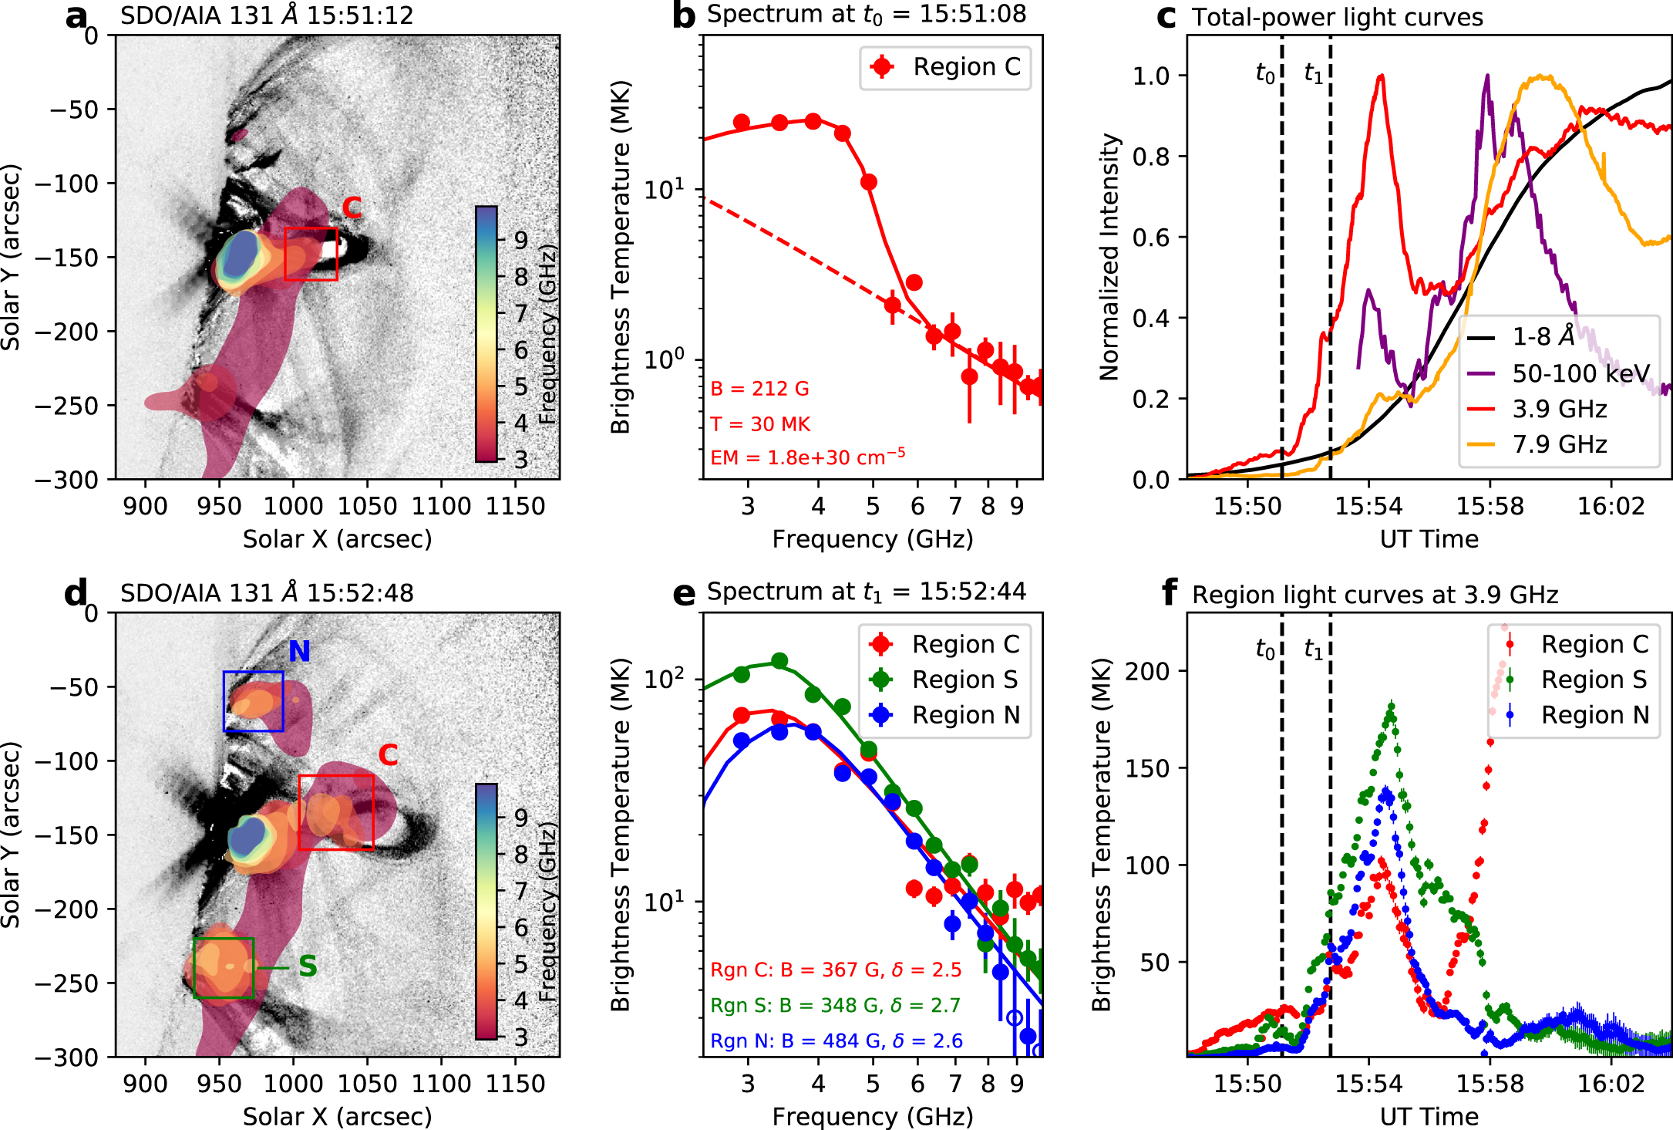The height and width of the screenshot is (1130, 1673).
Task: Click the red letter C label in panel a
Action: [x=352, y=207]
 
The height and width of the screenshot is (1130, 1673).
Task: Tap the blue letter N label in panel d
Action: [x=299, y=652]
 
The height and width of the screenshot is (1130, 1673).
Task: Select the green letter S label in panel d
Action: [x=308, y=966]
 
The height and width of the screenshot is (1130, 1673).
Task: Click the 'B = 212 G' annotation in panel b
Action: [x=759, y=389]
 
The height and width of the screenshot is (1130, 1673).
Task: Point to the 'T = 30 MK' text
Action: [x=760, y=424]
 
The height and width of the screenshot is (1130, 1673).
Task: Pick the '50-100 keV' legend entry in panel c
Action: [x=1580, y=373]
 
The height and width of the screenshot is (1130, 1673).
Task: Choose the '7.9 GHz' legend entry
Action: [x=1559, y=444]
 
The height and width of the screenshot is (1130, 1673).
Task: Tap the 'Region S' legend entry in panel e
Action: [x=964, y=680]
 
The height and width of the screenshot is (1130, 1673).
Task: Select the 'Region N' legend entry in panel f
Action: [x=1594, y=715]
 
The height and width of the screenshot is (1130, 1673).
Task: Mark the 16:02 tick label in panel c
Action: [x=1611, y=506]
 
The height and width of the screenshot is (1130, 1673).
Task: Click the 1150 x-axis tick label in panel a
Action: [x=516, y=506]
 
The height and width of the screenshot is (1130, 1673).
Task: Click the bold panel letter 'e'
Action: [x=684, y=593]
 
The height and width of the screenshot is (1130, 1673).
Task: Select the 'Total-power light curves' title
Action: [x=1337, y=17]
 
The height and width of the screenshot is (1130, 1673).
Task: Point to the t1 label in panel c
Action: [x=1314, y=73]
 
